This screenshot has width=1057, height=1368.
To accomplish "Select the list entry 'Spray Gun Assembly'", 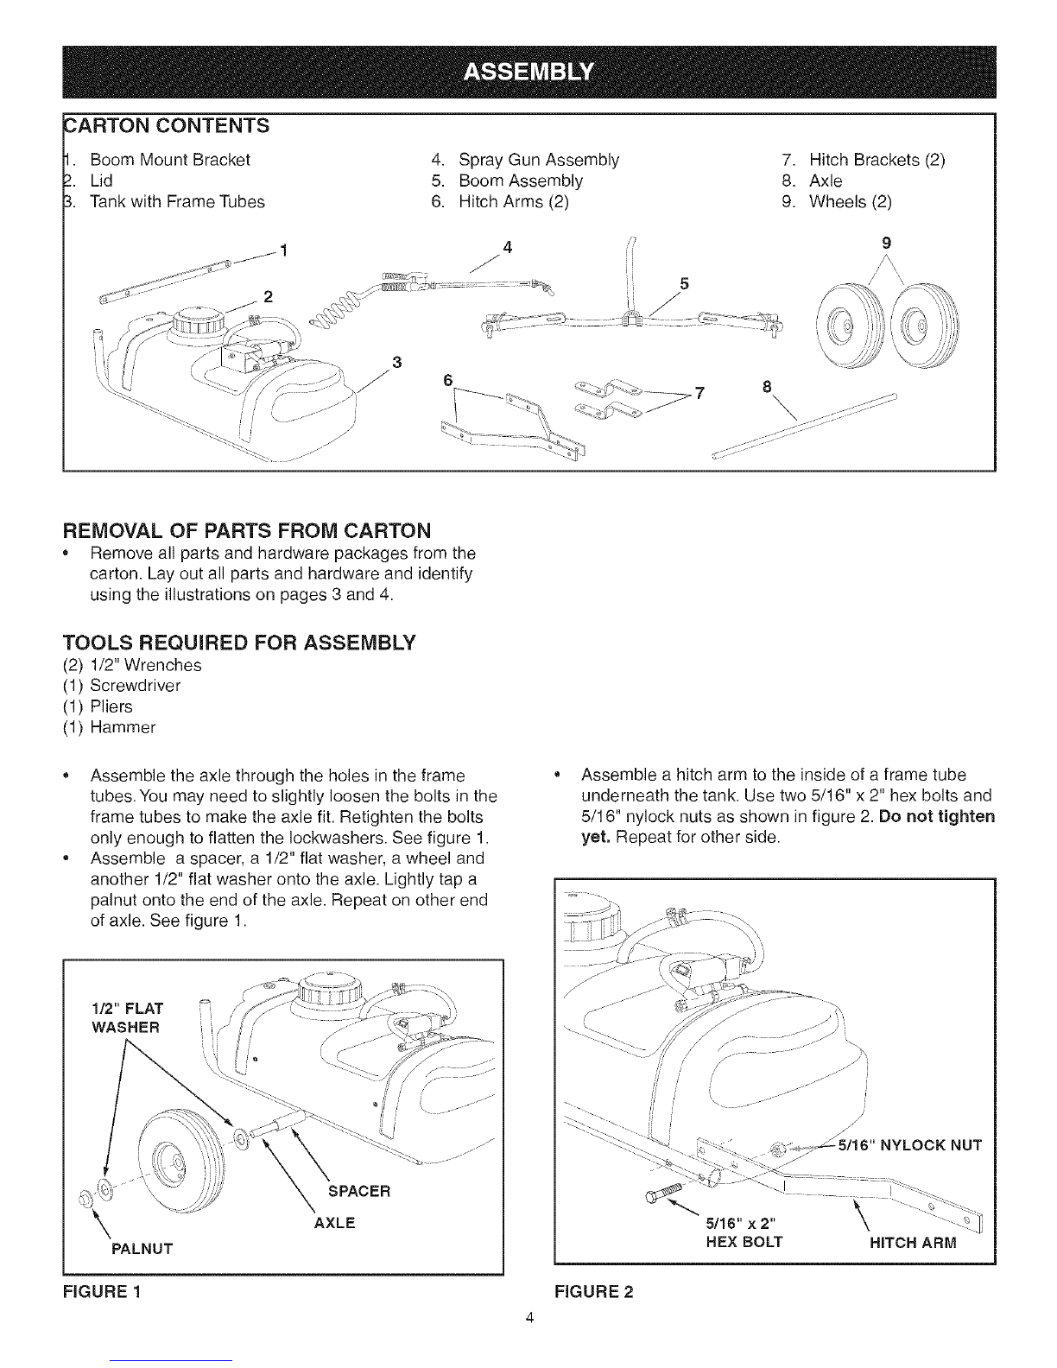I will pyautogui.click(x=539, y=160).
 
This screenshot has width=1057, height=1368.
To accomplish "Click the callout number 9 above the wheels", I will pyautogui.click(x=886, y=242).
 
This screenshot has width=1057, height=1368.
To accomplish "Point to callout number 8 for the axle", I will pyautogui.click(x=768, y=385).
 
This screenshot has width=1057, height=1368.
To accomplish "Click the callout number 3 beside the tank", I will pyautogui.click(x=398, y=361).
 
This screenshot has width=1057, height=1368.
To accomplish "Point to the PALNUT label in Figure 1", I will pyautogui.click(x=142, y=1249).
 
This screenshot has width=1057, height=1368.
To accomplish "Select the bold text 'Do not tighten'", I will pyautogui.click(x=936, y=816).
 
